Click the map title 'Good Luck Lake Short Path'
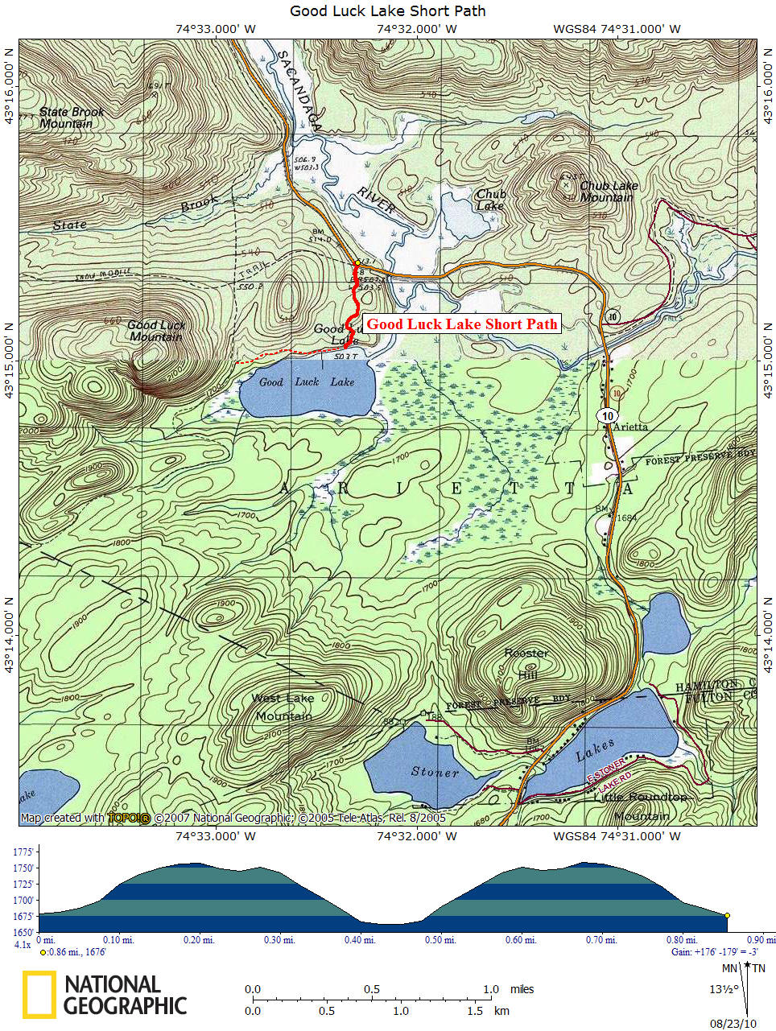(387, 11)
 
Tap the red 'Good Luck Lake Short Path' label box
(461, 324)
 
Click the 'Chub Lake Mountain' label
(609, 192)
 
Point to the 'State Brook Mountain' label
(72, 118)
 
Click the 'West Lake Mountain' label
(283, 707)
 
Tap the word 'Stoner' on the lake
(435, 773)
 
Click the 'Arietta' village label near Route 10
(630, 427)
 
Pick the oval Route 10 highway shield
(607, 415)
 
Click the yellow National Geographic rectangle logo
(39, 995)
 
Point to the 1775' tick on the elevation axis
(24, 852)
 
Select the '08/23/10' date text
(733, 1024)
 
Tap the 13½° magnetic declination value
(722, 989)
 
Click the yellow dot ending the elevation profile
(727, 916)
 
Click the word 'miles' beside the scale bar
(522, 989)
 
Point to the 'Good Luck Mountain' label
(156, 331)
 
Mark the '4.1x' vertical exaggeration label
(23, 944)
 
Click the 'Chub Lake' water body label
(490, 200)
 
